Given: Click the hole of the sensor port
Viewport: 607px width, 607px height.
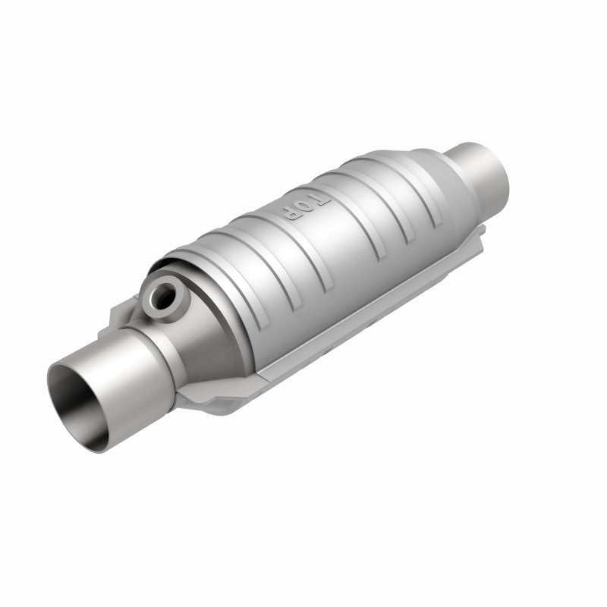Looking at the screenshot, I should [x=161, y=297].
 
